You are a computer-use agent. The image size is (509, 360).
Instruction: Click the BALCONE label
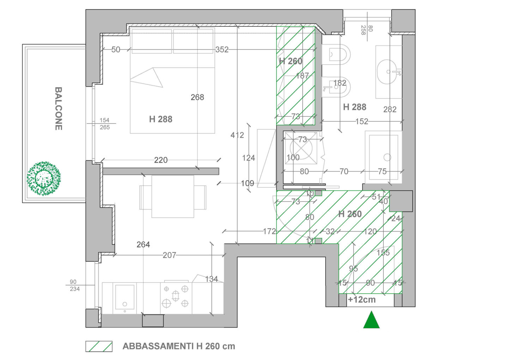click(59, 108)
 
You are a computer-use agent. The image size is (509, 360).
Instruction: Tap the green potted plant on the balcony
click(44, 179)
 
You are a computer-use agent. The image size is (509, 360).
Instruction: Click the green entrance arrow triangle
click(371, 319)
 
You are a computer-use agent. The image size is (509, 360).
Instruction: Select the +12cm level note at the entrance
click(362, 300)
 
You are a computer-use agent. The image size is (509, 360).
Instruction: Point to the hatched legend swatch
click(99, 346)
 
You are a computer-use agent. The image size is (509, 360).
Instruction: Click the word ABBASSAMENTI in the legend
click(158, 346)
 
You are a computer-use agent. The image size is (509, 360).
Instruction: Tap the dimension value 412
click(237, 135)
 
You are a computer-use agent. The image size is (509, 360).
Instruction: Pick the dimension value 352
click(222, 49)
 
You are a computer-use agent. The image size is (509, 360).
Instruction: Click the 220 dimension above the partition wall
click(160, 160)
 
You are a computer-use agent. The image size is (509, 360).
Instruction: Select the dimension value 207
click(169, 255)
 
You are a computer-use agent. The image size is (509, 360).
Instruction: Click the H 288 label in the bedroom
click(160, 119)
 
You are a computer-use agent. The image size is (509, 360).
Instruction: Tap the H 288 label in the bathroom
click(355, 107)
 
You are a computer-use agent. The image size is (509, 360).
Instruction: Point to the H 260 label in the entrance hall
click(350, 214)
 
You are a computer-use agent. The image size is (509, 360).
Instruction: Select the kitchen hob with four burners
click(176, 296)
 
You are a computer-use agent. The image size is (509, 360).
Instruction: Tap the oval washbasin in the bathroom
click(387, 72)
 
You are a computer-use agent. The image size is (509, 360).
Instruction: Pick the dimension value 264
click(143, 245)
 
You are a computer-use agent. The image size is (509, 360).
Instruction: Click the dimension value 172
click(269, 232)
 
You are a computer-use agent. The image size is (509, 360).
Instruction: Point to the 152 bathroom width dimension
click(362, 121)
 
